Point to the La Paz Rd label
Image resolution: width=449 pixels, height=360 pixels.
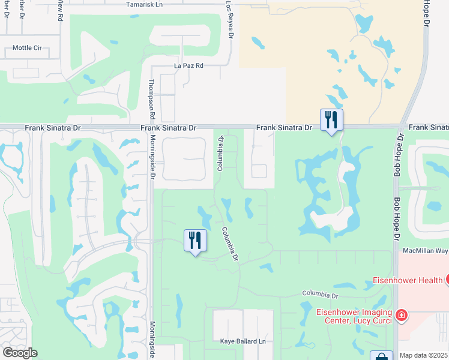(188, 65)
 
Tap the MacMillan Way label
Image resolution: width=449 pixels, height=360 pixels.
(423, 250)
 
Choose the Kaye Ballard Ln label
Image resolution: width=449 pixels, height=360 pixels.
(243, 341)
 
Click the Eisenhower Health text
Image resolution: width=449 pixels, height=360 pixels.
(407, 280)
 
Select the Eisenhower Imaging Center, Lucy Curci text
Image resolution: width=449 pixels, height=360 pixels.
(354, 316)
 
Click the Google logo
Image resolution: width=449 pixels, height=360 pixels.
(20, 353)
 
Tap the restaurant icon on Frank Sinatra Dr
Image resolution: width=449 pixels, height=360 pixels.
(331, 121)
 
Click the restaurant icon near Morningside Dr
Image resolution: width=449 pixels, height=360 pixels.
(195, 241)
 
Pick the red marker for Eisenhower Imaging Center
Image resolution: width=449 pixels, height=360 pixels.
(401, 315)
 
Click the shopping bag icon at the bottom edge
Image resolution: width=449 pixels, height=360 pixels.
(381, 356)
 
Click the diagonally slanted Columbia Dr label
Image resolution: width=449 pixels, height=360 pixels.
(230, 243)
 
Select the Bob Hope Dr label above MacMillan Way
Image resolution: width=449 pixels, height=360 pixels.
(397, 219)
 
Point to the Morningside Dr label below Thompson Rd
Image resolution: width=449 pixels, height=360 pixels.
(152, 162)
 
